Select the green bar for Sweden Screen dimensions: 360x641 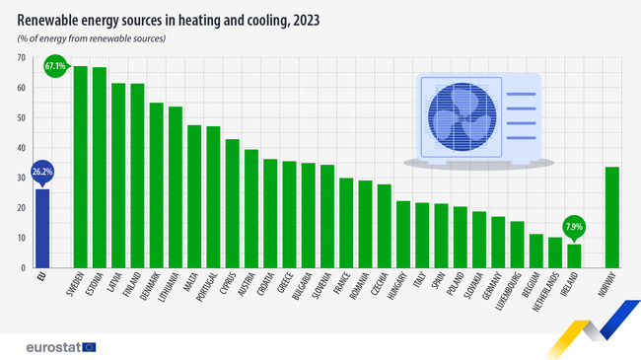pos(80,168)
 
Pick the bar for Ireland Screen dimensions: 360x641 pos(574,255)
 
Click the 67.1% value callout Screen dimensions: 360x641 pos(55,66)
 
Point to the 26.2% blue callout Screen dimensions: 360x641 pos(41,170)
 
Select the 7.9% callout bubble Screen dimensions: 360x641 pos(574,225)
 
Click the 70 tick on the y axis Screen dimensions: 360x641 pos(21,57)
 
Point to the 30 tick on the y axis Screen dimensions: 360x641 pos(21,178)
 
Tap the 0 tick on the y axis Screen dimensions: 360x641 pos(23,267)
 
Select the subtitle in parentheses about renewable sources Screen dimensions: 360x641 pos(91,37)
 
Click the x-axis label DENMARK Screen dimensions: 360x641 pos(154,287)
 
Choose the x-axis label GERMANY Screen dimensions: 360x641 pos(495,288)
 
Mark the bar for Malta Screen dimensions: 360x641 pos(194,196)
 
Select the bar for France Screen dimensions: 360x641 pos(346,223)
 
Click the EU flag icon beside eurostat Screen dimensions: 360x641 pos(90,346)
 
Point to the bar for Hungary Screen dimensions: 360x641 pos(402,235)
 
